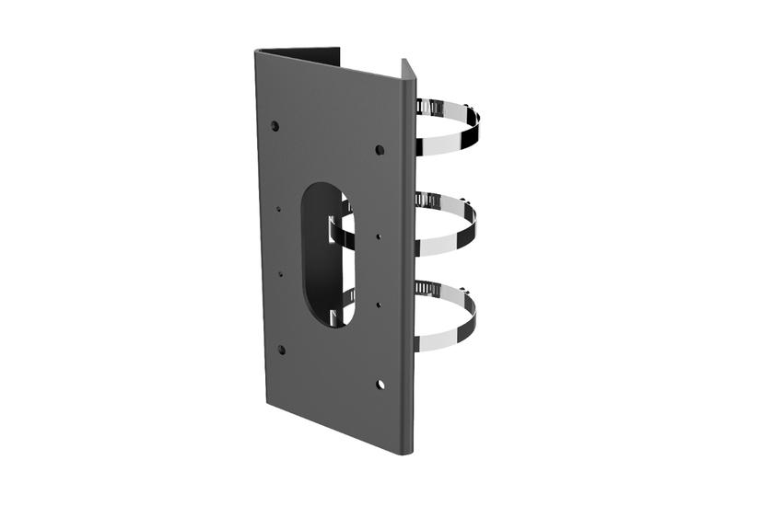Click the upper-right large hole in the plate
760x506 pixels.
click(380, 148)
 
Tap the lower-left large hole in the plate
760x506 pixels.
click(282, 349)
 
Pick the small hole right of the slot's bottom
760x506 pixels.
click(379, 303)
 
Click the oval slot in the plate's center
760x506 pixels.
click(325, 253)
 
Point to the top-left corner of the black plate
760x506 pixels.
click(257, 51)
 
